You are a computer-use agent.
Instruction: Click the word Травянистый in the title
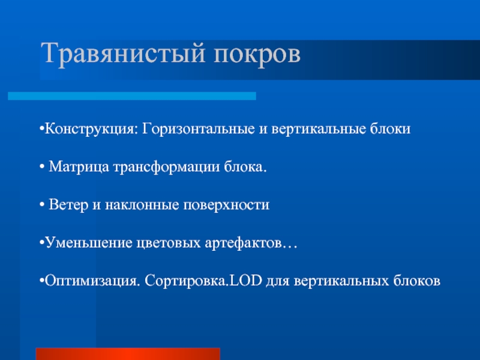click(123, 54)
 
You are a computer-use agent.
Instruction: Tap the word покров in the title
click(257, 55)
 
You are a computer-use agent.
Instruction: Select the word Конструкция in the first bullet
click(89, 129)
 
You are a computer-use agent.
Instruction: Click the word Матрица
click(79, 167)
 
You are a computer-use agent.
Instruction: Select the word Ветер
click(68, 205)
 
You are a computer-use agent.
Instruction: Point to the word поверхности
click(226, 205)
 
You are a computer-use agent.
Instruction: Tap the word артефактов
click(243, 244)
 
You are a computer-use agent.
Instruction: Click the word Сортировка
click(187, 281)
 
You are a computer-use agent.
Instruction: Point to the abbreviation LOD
click(246, 280)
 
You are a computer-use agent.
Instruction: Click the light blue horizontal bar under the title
click(132, 96)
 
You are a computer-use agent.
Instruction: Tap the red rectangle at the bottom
click(128, 354)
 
